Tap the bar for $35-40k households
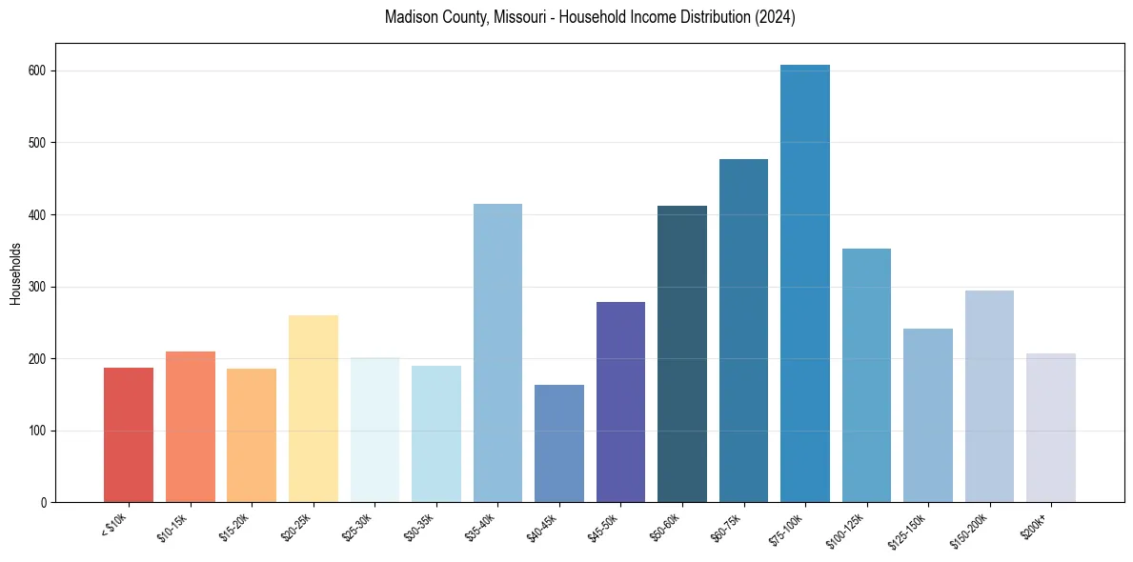point(497,353)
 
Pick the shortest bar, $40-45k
point(559,444)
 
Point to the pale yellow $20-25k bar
point(313,409)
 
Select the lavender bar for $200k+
point(1051,428)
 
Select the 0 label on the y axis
point(45,502)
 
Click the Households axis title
point(16,272)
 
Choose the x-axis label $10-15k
point(173,527)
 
